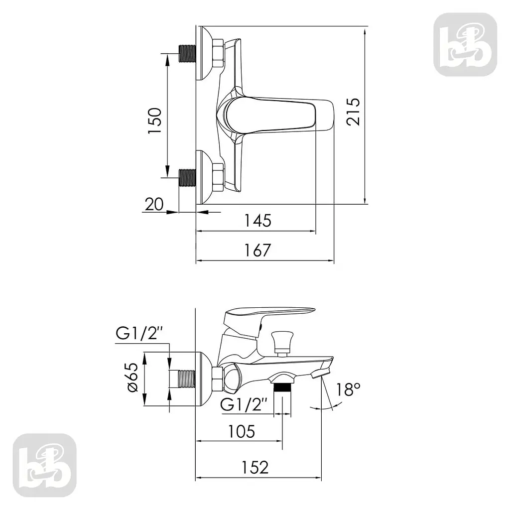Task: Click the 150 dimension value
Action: (x=155, y=121)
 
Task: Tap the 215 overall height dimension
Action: (x=353, y=112)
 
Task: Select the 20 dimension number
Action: (x=154, y=205)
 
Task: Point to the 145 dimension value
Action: (x=257, y=221)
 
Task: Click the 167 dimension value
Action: (x=257, y=250)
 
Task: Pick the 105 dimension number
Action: (x=242, y=432)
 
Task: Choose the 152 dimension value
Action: (x=255, y=467)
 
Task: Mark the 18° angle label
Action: (x=348, y=389)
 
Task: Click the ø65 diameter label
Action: (x=133, y=378)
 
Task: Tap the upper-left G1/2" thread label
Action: (x=139, y=334)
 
